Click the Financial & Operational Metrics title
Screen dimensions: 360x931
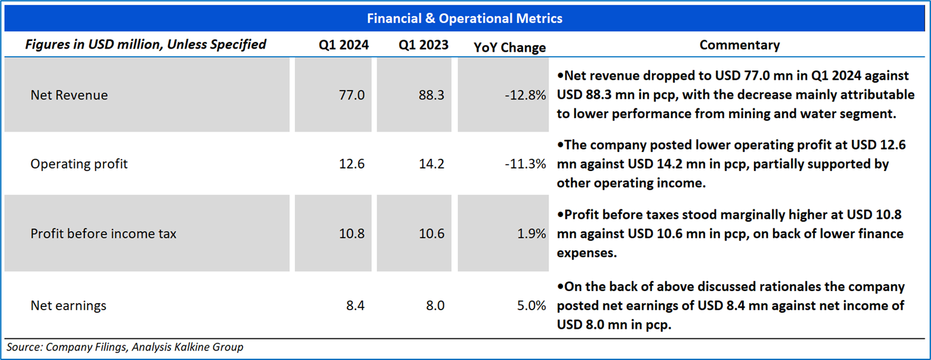[464, 19]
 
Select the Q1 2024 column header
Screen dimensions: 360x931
[344, 45]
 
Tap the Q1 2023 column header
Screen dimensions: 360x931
[423, 45]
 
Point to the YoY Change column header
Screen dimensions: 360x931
[510, 47]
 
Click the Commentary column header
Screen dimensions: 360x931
[739, 45]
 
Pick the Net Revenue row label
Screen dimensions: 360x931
[69, 95]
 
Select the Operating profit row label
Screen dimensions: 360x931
[79, 164]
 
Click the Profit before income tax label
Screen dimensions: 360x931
[103, 234]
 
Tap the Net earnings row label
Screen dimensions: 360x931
[68, 306]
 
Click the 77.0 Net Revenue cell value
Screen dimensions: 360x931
[352, 95]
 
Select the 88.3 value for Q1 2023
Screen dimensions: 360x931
[432, 95]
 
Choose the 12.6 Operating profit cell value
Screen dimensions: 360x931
[352, 164]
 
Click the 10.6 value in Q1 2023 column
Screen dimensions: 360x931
[432, 234]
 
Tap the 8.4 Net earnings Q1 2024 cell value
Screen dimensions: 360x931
[355, 306]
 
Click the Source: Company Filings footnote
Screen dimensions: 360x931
[125, 347]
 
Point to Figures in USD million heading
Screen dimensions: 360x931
[146, 45]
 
